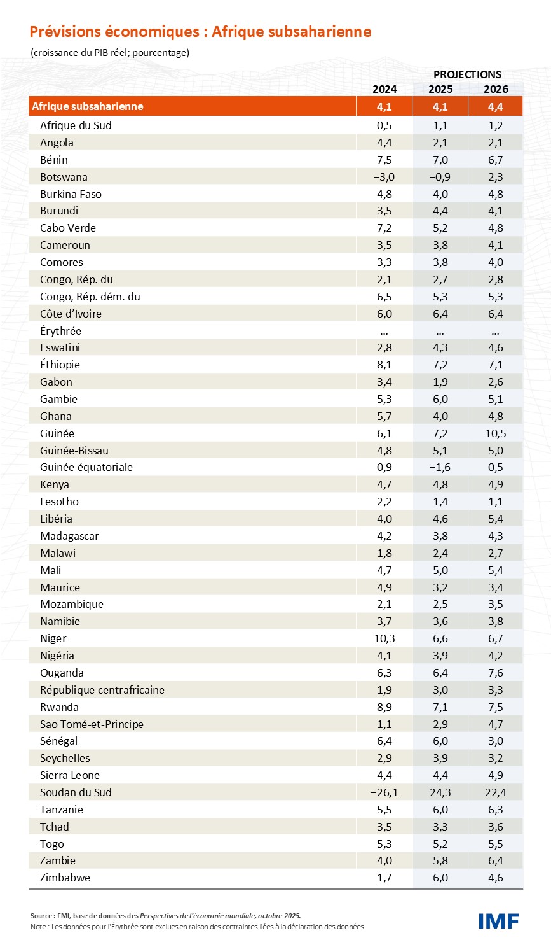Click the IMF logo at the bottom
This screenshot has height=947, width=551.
[498, 920]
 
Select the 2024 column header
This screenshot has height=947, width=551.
[384, 89]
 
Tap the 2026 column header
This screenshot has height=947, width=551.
[496, 89]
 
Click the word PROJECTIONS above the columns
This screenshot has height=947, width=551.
[467, 74]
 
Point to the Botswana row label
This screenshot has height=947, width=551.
[64, 177]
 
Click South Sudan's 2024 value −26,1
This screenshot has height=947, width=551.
[384, 792]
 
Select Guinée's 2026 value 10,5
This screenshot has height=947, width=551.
[495, 433]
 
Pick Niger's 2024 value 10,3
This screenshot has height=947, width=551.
[384, 638]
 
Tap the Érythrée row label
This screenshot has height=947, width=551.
[60, 331]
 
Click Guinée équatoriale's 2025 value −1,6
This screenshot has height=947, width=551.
[439, 467]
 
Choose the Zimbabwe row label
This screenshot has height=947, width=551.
[65, 878]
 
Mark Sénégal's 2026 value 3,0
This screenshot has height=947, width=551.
[496, 741]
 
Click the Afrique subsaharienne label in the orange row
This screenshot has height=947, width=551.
[88, 106]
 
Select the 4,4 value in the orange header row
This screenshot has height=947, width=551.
[496, 106]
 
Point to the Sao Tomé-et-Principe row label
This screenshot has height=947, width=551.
[92, 724]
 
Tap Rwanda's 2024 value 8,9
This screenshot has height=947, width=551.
[384, 707]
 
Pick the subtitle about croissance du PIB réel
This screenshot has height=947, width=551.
[110, 53]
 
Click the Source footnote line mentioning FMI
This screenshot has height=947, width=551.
[165, 916]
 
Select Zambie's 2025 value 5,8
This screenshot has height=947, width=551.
[440, 860]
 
